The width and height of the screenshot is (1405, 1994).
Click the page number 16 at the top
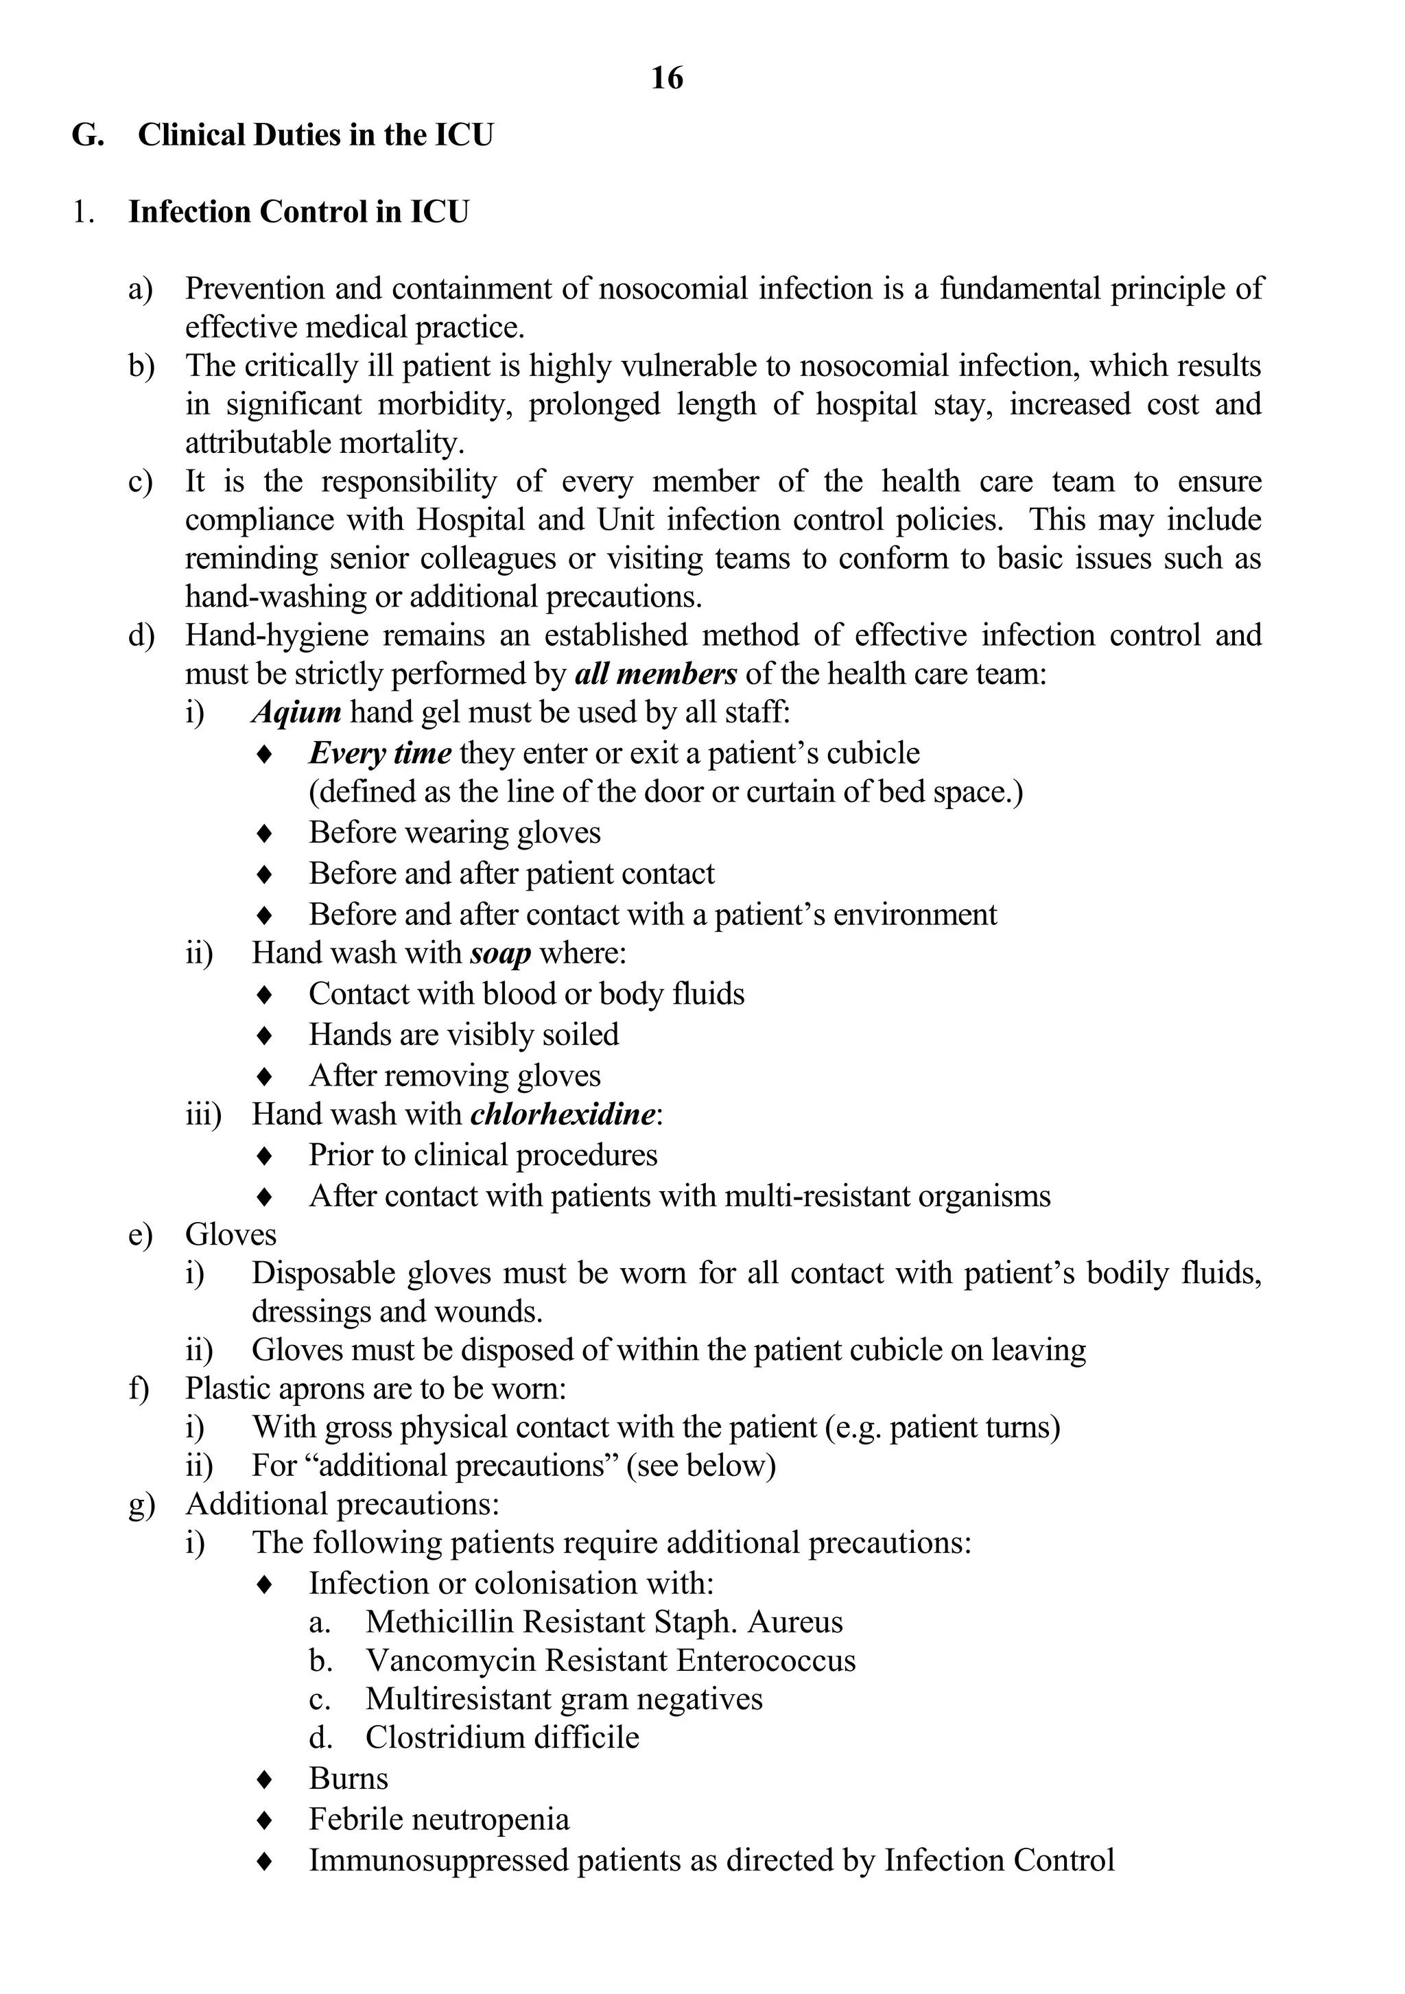[667, 79]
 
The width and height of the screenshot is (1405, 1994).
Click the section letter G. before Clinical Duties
[88, 135]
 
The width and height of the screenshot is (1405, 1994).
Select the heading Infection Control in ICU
[298, 212]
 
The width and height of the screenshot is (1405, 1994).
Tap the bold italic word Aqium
[296, 713]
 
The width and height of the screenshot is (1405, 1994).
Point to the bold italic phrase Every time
[379, 753]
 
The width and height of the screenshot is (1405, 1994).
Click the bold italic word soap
[500, 954]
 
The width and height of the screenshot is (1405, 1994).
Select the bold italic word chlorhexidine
[562, 1114]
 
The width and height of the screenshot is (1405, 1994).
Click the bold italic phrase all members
[656, 674]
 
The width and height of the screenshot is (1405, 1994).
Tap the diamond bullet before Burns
[265, 1779]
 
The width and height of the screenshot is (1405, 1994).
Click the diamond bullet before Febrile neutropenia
[265, 1820]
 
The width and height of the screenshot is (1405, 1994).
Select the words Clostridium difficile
[502, 1738]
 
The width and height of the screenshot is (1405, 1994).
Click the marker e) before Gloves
[141, 1235]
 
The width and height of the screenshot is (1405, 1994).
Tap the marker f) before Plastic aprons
[139, 1389]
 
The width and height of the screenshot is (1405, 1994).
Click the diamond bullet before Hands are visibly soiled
[265, 1036]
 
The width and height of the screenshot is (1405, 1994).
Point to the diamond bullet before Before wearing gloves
[265, 834]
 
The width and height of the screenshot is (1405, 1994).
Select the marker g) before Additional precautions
[141, 1505]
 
